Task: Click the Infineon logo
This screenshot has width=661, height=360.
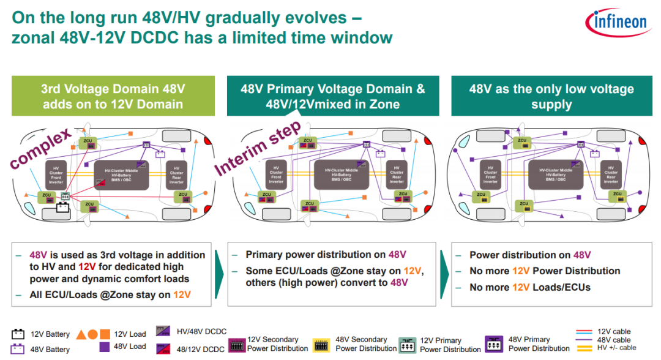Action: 618,22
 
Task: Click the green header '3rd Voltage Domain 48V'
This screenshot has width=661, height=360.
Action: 113,96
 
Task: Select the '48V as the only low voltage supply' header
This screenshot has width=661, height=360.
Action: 551,96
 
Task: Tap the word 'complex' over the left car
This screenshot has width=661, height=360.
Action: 40,148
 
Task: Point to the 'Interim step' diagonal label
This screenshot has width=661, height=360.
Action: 258,147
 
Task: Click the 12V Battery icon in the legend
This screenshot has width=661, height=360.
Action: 18,334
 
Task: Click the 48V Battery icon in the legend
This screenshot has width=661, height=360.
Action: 18,349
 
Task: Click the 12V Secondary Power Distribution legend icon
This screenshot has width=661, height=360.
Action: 236,344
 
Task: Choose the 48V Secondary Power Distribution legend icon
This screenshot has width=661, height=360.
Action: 322,344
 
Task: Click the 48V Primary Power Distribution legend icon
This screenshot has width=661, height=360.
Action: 494,343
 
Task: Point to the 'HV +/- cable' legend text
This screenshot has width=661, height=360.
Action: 615,348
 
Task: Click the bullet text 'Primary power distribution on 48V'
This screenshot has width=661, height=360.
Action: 326,255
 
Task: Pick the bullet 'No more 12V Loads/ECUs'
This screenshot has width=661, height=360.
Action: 529,287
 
